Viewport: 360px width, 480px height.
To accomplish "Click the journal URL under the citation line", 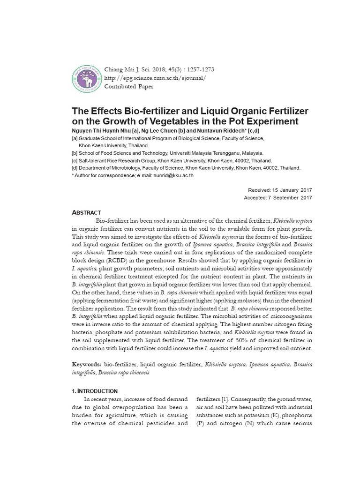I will [x=155, y=78].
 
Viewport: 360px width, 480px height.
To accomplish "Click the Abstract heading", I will [x=86, y=212].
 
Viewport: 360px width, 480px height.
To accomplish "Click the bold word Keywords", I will [x=86, y=364].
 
